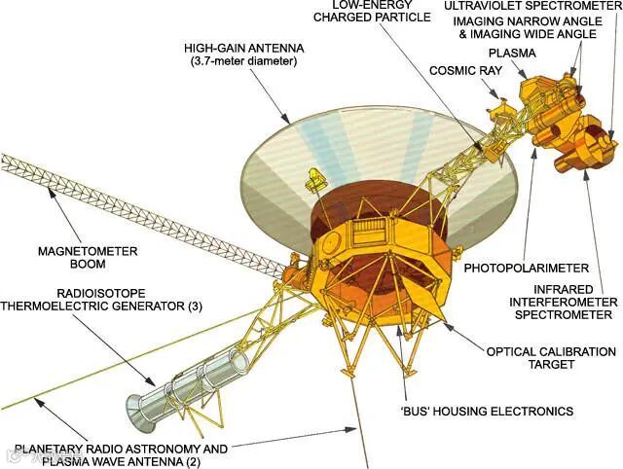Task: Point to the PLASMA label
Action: click(510, 54)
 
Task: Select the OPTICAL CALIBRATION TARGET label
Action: click(551, 357)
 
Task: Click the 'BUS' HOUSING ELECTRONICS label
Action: click(489, 411)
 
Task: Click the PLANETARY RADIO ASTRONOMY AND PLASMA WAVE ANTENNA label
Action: click(121, 455)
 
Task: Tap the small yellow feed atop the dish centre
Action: click(314, 179)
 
